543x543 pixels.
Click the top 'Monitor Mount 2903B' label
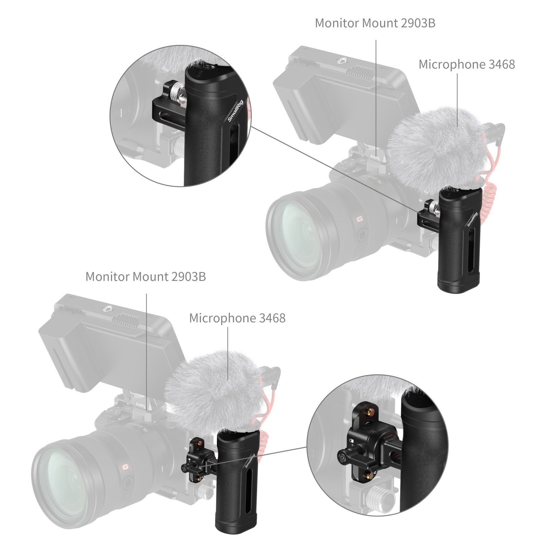375,23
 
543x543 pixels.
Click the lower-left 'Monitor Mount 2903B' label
145,277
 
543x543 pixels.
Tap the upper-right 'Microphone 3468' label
466,64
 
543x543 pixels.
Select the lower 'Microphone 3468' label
237,318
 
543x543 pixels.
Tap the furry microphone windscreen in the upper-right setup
438,146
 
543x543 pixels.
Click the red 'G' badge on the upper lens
359,220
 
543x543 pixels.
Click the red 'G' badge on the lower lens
125,468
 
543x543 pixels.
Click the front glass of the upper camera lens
295,234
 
